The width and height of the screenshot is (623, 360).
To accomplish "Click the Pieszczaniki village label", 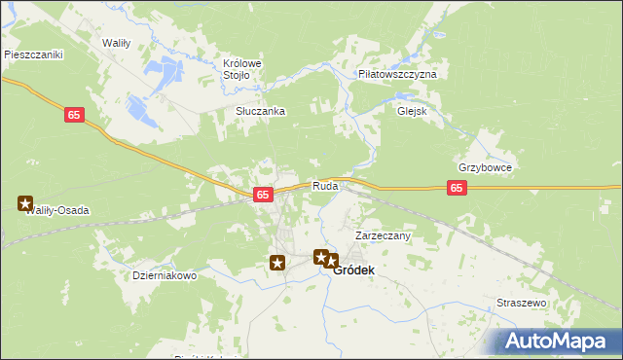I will pyautogui.click(x=33, y=55).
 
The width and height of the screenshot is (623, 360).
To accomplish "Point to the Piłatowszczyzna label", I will pyautogui.click(x=397, y=74).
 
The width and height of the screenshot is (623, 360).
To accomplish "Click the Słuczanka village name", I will pyautogui.click(x=260, y=111).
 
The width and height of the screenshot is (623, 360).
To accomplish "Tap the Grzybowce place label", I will pyautogui.click(x=485, y=167).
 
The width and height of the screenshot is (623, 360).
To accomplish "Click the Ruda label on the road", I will pyautogui.click(x=326, y=186).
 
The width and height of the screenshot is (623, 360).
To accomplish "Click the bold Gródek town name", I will pyautogui.click(x=355, y=271).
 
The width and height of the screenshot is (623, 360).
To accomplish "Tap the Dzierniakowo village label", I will pyautogui.click(x=165, y=275).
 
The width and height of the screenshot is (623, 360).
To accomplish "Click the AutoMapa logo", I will pyautogui.click(x=559, y=341).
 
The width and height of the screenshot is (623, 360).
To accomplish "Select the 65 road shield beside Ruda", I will pyautogui.click(x=263, y=196).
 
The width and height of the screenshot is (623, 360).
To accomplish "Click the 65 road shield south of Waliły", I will pyautogui.click(x=75, y=115).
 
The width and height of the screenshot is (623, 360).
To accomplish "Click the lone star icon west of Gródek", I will pyautogui.click(x=277, y=263).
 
